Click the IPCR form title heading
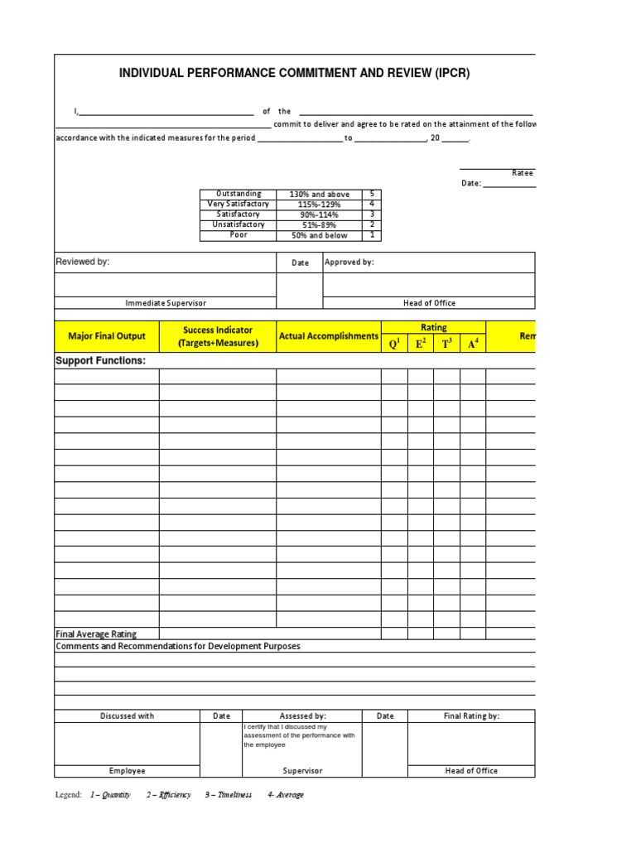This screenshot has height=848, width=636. pos(295,74)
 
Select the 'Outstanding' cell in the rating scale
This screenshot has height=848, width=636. pos(238,194)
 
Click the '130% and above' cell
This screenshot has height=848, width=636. pos(319,195)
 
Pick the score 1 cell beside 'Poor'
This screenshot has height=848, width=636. pos(372,235)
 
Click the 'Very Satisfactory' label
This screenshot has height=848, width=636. pos(238,205)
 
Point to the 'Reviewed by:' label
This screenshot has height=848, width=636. pos(82,262)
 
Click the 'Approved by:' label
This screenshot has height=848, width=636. pos(349,263)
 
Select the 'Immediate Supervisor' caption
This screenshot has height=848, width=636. pos(166,303)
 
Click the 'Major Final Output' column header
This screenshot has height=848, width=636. pos(107,336)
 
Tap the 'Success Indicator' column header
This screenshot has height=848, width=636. pos(218,336)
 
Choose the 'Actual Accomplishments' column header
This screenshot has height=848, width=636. pos(328,336)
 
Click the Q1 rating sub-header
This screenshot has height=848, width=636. pos(394,344)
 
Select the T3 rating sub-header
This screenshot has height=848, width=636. pos(446,344)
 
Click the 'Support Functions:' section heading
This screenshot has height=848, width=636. pos(100,362)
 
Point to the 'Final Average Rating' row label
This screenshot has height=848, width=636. pos(96,634)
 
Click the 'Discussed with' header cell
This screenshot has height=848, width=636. pos(127,716)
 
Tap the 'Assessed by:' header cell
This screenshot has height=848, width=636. pos(302,716)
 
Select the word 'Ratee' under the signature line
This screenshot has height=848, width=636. pos(523,173)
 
